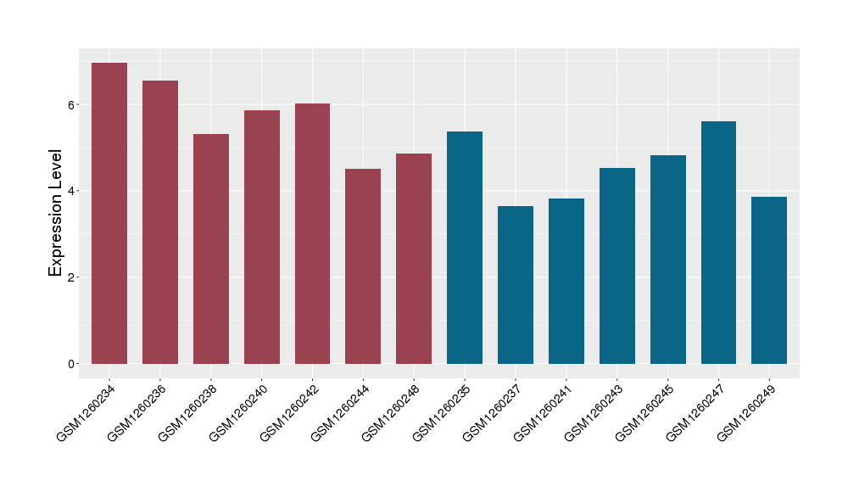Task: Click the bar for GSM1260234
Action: click(109, 213)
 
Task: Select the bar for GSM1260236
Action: click(160, 222)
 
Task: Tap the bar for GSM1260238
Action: click(211, 249)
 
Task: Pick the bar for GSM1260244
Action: click(363, 266)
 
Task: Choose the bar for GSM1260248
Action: click(414, 259)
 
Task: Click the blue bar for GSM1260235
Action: click(465, 248)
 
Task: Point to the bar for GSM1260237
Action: click(516, 285)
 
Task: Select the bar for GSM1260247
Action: click(718, 243)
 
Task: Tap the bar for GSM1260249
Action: click(769, 280)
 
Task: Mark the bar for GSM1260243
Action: click(617, 266)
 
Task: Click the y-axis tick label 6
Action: click(73, 105)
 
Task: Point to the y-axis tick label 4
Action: click(73, 191)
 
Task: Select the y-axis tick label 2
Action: click(73, 277)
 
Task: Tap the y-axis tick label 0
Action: click(73, 364)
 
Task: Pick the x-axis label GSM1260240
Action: click(234, 413)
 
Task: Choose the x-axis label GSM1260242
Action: click(285, 413)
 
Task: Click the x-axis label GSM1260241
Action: click(538, 413)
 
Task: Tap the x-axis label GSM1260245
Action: click(640, 413)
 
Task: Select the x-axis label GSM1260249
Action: click(742, 413)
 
